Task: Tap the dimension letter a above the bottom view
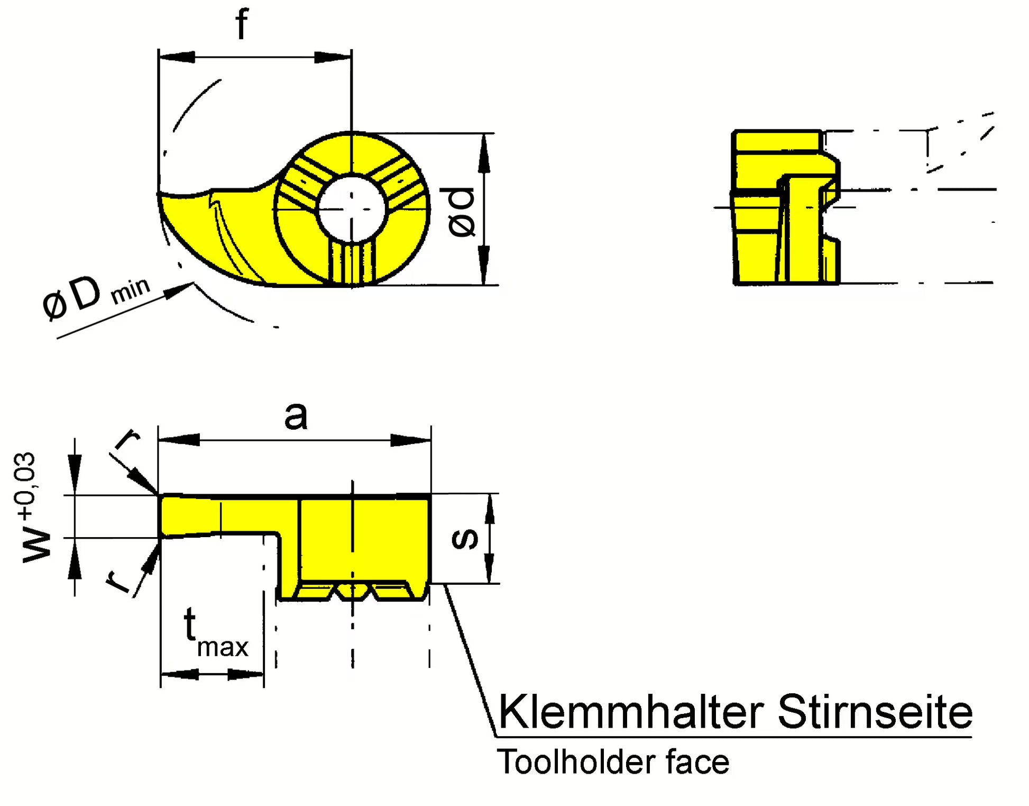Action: click(296, 416)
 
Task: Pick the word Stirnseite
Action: click(875, 712)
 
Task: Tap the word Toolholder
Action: click(577, 763)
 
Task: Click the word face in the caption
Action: click(697, 763)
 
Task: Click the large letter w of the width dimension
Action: click(37, 545)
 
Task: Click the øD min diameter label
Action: click(95, 296)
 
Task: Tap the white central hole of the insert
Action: click(352, 208)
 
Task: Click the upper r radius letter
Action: click(127, 439)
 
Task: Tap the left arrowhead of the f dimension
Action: click(177, 57)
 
